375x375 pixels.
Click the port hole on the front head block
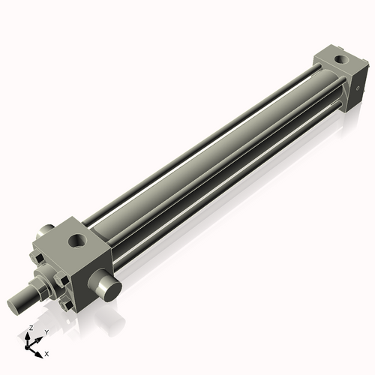(x=77, y=242)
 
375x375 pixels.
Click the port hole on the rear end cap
(x=343, y=58)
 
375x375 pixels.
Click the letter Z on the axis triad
(x=30, y=328)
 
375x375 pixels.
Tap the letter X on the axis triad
(x=46, y=352)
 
